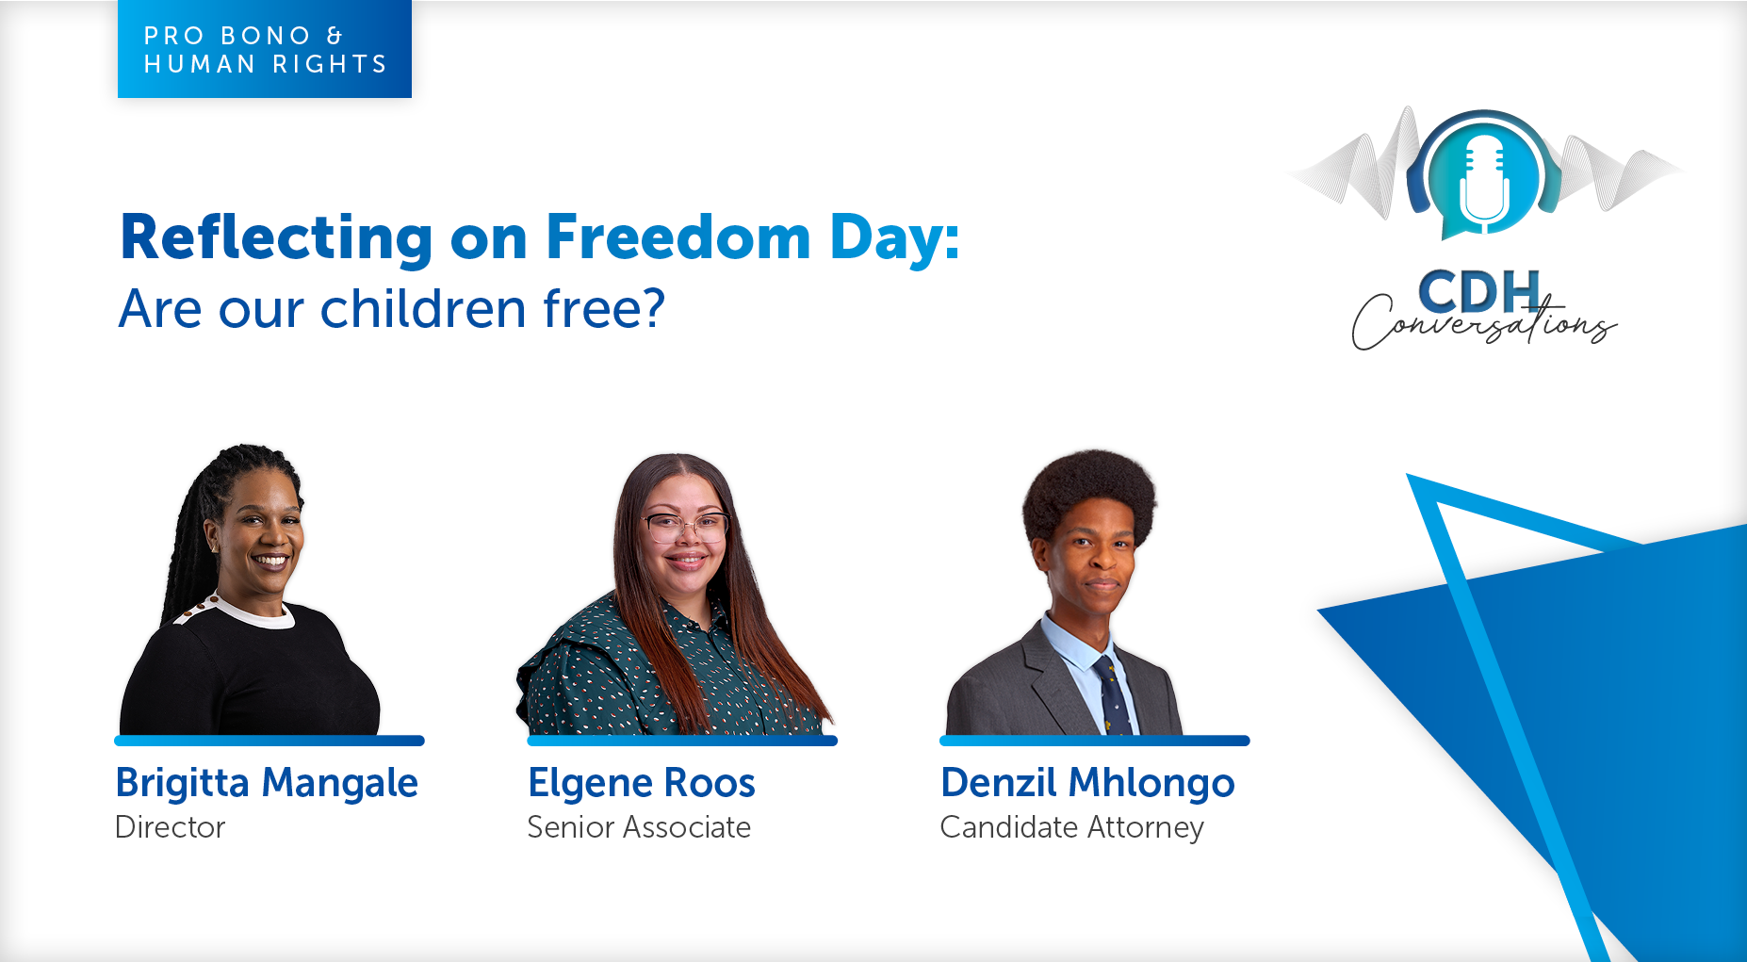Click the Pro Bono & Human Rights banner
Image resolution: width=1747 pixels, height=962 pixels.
point(265,49)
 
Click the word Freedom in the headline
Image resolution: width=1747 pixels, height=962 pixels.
point(678,236)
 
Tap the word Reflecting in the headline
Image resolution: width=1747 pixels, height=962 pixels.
point(276,238)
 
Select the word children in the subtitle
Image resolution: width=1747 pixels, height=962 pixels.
point(423,308)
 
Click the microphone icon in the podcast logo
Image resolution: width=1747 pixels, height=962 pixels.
point(1484,184)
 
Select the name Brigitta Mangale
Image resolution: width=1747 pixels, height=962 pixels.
point(267,783)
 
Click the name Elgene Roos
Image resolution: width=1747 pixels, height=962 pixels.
point(642,783)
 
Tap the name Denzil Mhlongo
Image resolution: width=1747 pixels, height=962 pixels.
point(1087,783)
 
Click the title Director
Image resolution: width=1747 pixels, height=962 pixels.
point(170,827)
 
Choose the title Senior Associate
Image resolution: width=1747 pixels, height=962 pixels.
point(639,827)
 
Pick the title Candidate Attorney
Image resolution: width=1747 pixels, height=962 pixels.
point(1072,828)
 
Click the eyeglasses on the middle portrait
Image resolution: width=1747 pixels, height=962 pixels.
point(686,527)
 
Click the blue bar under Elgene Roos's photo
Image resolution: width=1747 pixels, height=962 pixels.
point(682,741)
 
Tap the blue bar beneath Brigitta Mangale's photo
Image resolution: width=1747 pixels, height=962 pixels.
point(269,741)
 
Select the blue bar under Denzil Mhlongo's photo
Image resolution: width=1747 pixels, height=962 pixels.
point(1095,741)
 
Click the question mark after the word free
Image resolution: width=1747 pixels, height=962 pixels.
point(652,308)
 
